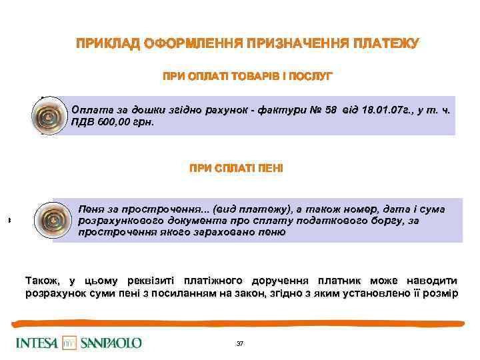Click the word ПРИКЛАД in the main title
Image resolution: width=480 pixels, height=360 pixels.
[x=107, y=45]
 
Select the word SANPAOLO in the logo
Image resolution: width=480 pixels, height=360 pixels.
[x=111, y=343]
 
